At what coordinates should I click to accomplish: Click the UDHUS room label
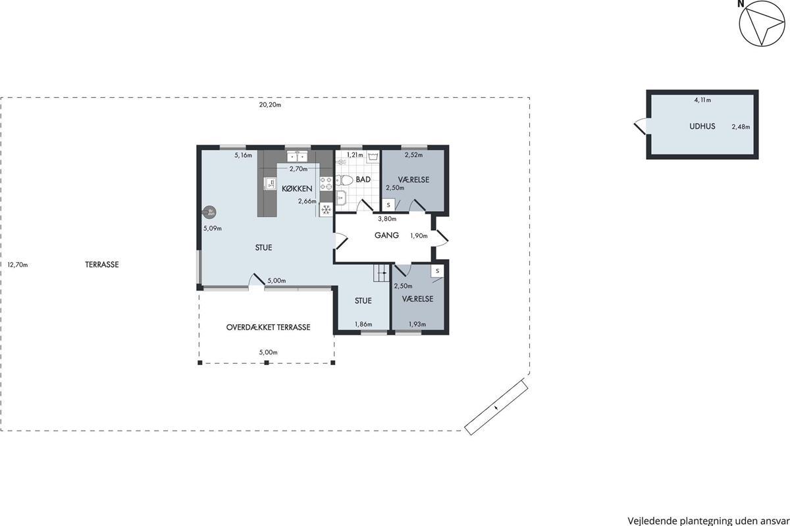pos(702,126)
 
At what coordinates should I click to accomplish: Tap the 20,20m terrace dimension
pos(270,105)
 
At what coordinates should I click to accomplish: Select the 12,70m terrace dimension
pos(18,264)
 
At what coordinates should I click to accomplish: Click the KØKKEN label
pos(297,189)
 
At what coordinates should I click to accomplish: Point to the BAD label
pos(363,179)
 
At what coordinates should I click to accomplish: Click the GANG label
pos(386,235)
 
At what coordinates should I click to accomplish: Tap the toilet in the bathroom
pos(344,180)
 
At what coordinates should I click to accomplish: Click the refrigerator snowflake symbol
pos(327,210)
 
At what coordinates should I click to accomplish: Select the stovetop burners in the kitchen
pos(327,183)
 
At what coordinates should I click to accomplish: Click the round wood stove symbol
pos(210,212)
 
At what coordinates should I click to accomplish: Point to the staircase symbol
pos(381,273)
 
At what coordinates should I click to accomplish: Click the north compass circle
pos(762,23)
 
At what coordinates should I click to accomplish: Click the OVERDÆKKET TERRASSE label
pos(268,327)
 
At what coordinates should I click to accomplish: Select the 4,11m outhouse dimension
pos(702,100)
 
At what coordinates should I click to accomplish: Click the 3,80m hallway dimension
pos(387,219)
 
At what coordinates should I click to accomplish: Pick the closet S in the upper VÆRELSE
pos(388,204)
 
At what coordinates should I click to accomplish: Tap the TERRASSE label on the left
pos(102,264)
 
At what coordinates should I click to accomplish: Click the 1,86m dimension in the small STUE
pos(363,324)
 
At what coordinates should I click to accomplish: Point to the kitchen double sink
pos(298,156)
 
